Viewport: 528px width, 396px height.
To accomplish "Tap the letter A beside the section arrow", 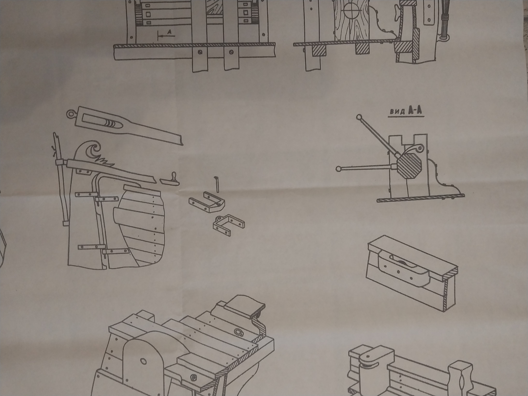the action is (x=169, y=32).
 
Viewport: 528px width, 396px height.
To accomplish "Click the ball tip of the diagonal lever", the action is (x=359, y=117).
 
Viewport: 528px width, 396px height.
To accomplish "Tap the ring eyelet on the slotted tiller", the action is (x=71, y=114).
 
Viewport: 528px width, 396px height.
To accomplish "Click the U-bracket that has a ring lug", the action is (x=208, y=203).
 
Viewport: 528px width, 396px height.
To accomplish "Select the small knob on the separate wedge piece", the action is (x=173, y=176).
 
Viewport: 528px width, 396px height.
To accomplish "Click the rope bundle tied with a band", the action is (x=444, y=21).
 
